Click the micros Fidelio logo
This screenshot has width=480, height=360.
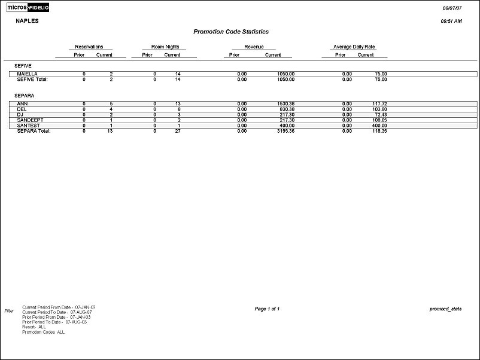tap(28, 7)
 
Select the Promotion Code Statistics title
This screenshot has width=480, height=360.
tap(231, 32)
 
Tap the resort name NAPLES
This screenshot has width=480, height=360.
tap(26, 20)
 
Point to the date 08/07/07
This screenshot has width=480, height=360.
tap(452, 8)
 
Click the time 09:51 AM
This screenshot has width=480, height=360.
tap(451, 21)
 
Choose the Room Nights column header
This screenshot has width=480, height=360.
tap(165, 47)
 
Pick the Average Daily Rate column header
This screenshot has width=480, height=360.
tap(354, 47)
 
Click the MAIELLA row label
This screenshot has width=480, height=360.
tap(28, 74)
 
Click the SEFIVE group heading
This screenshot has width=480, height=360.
tap(23, 65)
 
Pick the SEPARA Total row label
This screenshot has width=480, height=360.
tap(34, 130)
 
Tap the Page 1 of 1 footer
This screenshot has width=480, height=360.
tap(267, 309)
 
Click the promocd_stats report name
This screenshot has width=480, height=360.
tap(446, 309)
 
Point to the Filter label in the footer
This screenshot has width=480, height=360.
tap(9, 311)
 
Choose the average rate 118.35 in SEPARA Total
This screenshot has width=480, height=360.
tap(378, 130)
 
